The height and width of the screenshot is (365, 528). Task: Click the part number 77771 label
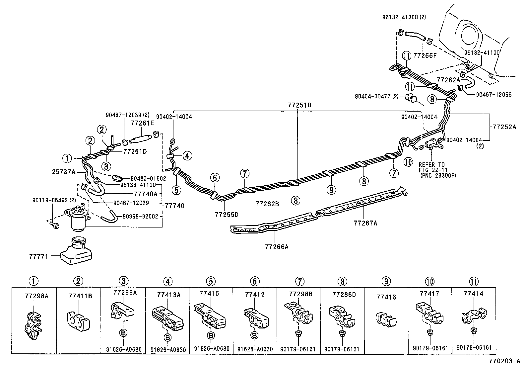[38, 256]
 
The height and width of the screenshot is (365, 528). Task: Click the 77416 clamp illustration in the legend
[386, 318]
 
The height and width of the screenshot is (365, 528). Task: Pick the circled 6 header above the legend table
[254, 281]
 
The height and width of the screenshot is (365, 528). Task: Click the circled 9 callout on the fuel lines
[331, 190]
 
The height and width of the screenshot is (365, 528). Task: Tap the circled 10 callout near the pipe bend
[408, 162]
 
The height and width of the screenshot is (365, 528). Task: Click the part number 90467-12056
[494, 95]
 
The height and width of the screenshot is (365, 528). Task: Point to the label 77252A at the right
[504, 127]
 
